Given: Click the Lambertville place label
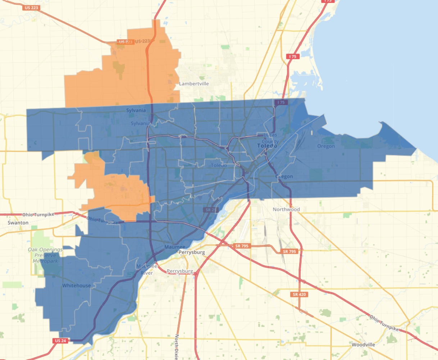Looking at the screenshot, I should pos(194,84).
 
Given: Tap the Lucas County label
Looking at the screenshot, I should pos(270,138).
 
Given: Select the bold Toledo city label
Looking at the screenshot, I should pos(267,146).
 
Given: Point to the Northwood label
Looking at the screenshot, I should pos(286,209).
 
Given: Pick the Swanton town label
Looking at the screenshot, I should pos(18,223).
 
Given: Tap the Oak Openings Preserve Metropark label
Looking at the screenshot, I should pos(45,255).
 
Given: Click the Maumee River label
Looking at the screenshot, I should pos(147,270).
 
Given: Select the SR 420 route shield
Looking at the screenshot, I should pos(299,294).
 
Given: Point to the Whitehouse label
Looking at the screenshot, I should pos(77,285).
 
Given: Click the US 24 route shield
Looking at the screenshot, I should pos(60,341).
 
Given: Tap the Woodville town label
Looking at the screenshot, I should pos(363,345).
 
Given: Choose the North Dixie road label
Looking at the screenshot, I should pos(177,346).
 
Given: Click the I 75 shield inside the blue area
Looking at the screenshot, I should pos(281,103).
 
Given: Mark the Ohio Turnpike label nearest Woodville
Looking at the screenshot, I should pos(384,323).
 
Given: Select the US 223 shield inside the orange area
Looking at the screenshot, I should pos(126,42).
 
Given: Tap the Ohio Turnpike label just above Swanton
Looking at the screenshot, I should pos(38,215).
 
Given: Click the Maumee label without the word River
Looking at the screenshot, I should pos(175,247).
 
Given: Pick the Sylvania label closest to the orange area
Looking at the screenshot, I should pos(136,111).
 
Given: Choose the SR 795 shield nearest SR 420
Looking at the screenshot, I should pos(289,251).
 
